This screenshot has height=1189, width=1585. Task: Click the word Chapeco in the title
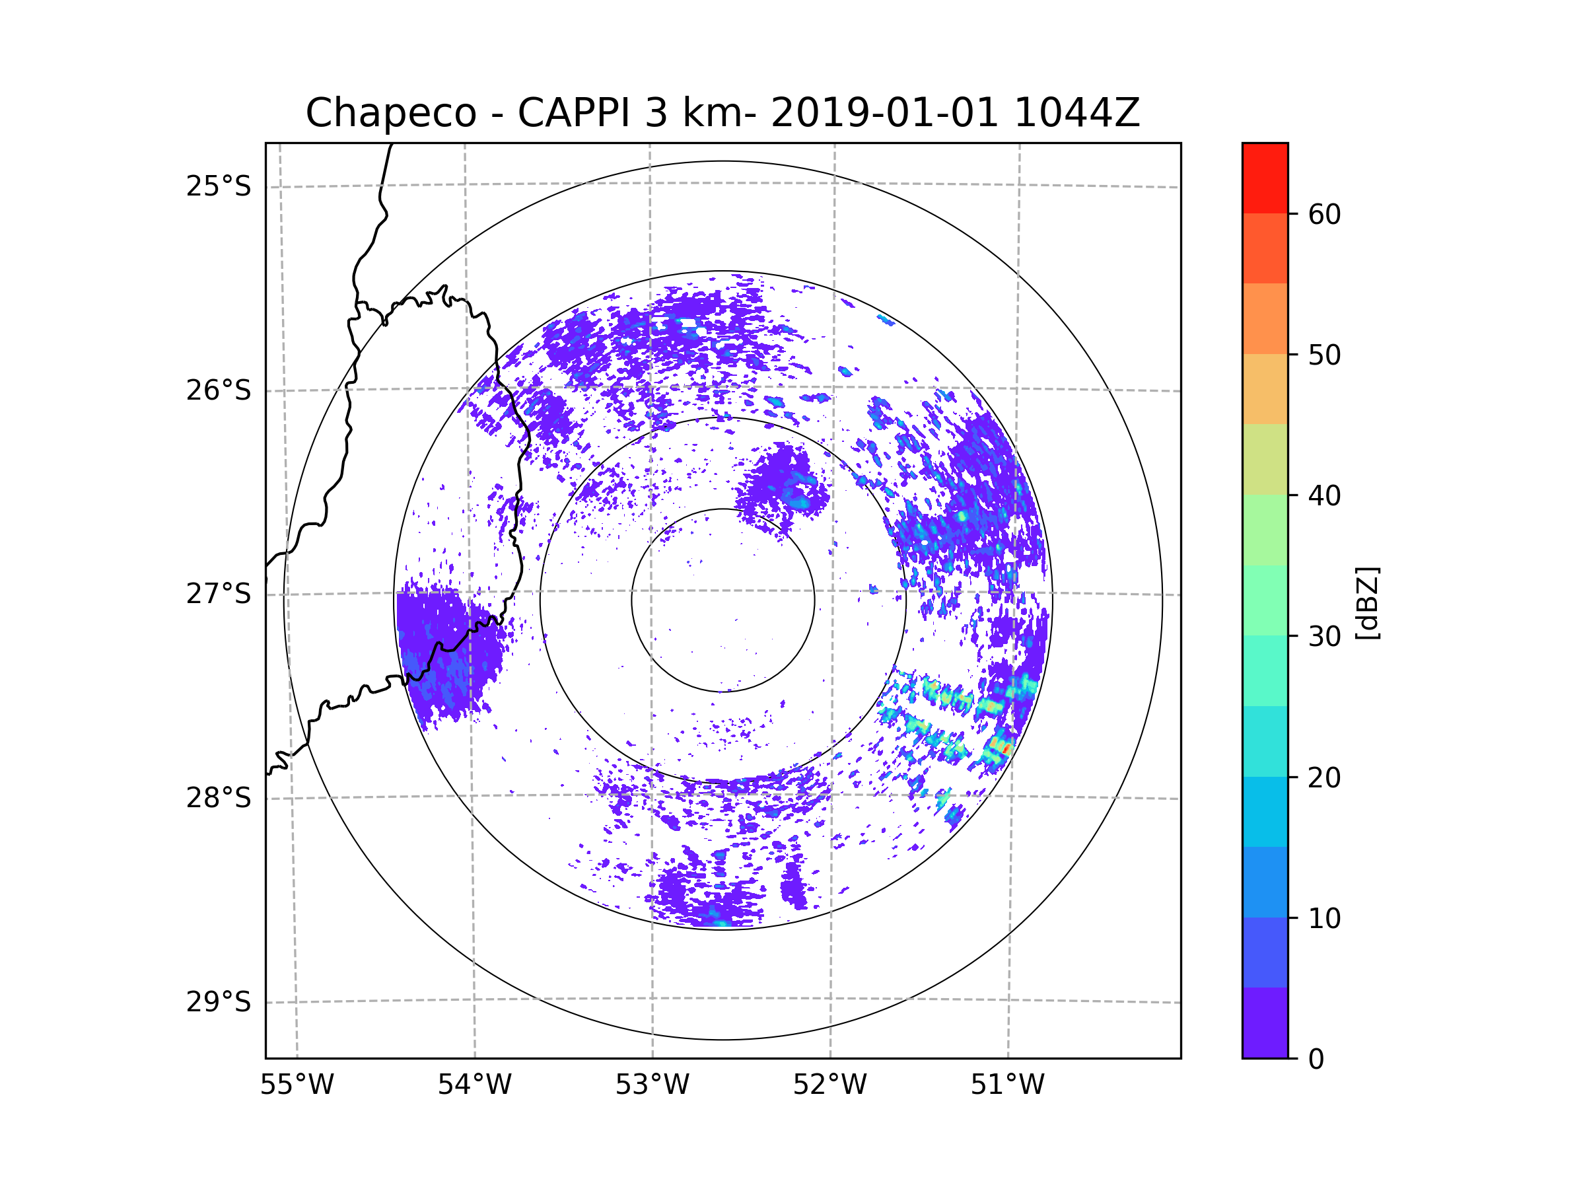click(x=390, y=113)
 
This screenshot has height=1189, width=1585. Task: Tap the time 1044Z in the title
click(x=1076, y=113)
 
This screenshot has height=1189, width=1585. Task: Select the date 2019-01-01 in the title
click(x=884, y=113)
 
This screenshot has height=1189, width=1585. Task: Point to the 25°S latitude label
click(x=219, y=186)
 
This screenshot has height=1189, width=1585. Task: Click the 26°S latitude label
click(x=219, y=390)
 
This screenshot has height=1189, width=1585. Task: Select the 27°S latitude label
click(x=219, y=594)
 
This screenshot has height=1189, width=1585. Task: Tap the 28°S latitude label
click(x=219, y=798)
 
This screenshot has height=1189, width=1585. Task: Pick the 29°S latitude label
click(x=219, y=1002)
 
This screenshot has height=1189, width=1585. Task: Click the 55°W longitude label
click(x=297, y=1085)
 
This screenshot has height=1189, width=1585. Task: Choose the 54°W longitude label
click(x=474, y=1085)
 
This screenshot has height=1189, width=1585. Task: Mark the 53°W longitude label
click(x=652, y=1085)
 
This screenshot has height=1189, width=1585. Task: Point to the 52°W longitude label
click(x=829, y=1085)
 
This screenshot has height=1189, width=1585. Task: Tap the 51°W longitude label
click(x=1007, y=1085)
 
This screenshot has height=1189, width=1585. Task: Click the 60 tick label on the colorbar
click(x=1324, y=214)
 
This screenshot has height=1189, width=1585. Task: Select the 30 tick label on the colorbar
click(x=1324, y=636)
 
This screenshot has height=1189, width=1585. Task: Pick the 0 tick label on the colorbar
click(x=1316, y=1060)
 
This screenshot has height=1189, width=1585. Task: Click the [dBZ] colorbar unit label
click(x=1367, y=604)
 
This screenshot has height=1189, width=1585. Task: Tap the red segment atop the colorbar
click(x=1265, y=178)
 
